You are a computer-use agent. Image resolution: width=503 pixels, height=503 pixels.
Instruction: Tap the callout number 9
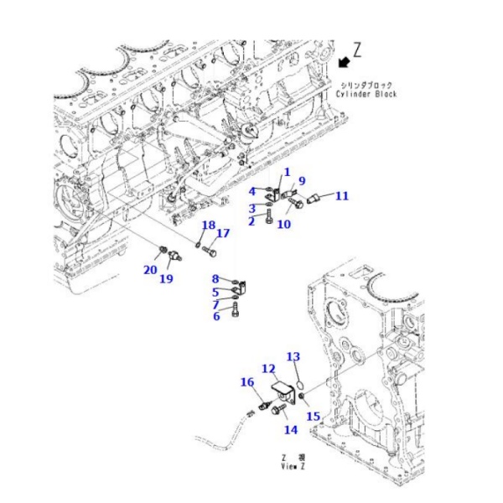(x=302, y=181)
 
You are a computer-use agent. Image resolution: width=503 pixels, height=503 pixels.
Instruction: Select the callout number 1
(x=286, y=172)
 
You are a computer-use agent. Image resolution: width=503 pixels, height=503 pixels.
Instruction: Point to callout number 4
(x=251, y=191)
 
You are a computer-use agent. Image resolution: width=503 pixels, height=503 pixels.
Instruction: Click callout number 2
(x=251, y=221)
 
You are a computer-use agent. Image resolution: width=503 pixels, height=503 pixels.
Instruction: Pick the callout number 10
(x=283, y=224)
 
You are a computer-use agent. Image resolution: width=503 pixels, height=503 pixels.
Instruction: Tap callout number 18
(x=207, y=225)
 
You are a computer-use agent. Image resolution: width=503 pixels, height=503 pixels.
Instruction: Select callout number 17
(x=223, y=234)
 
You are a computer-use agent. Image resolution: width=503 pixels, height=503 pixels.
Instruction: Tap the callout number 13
(x=293, y=356)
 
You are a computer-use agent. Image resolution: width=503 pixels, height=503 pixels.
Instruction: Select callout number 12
(x=268, y=368)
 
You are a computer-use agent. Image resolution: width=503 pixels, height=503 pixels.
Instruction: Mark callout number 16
(x=247, y=382)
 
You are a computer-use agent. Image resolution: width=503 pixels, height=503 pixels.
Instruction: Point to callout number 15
(x=313, y=417)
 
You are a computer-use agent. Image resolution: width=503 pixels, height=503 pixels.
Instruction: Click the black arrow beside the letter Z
(x=344, y=61)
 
